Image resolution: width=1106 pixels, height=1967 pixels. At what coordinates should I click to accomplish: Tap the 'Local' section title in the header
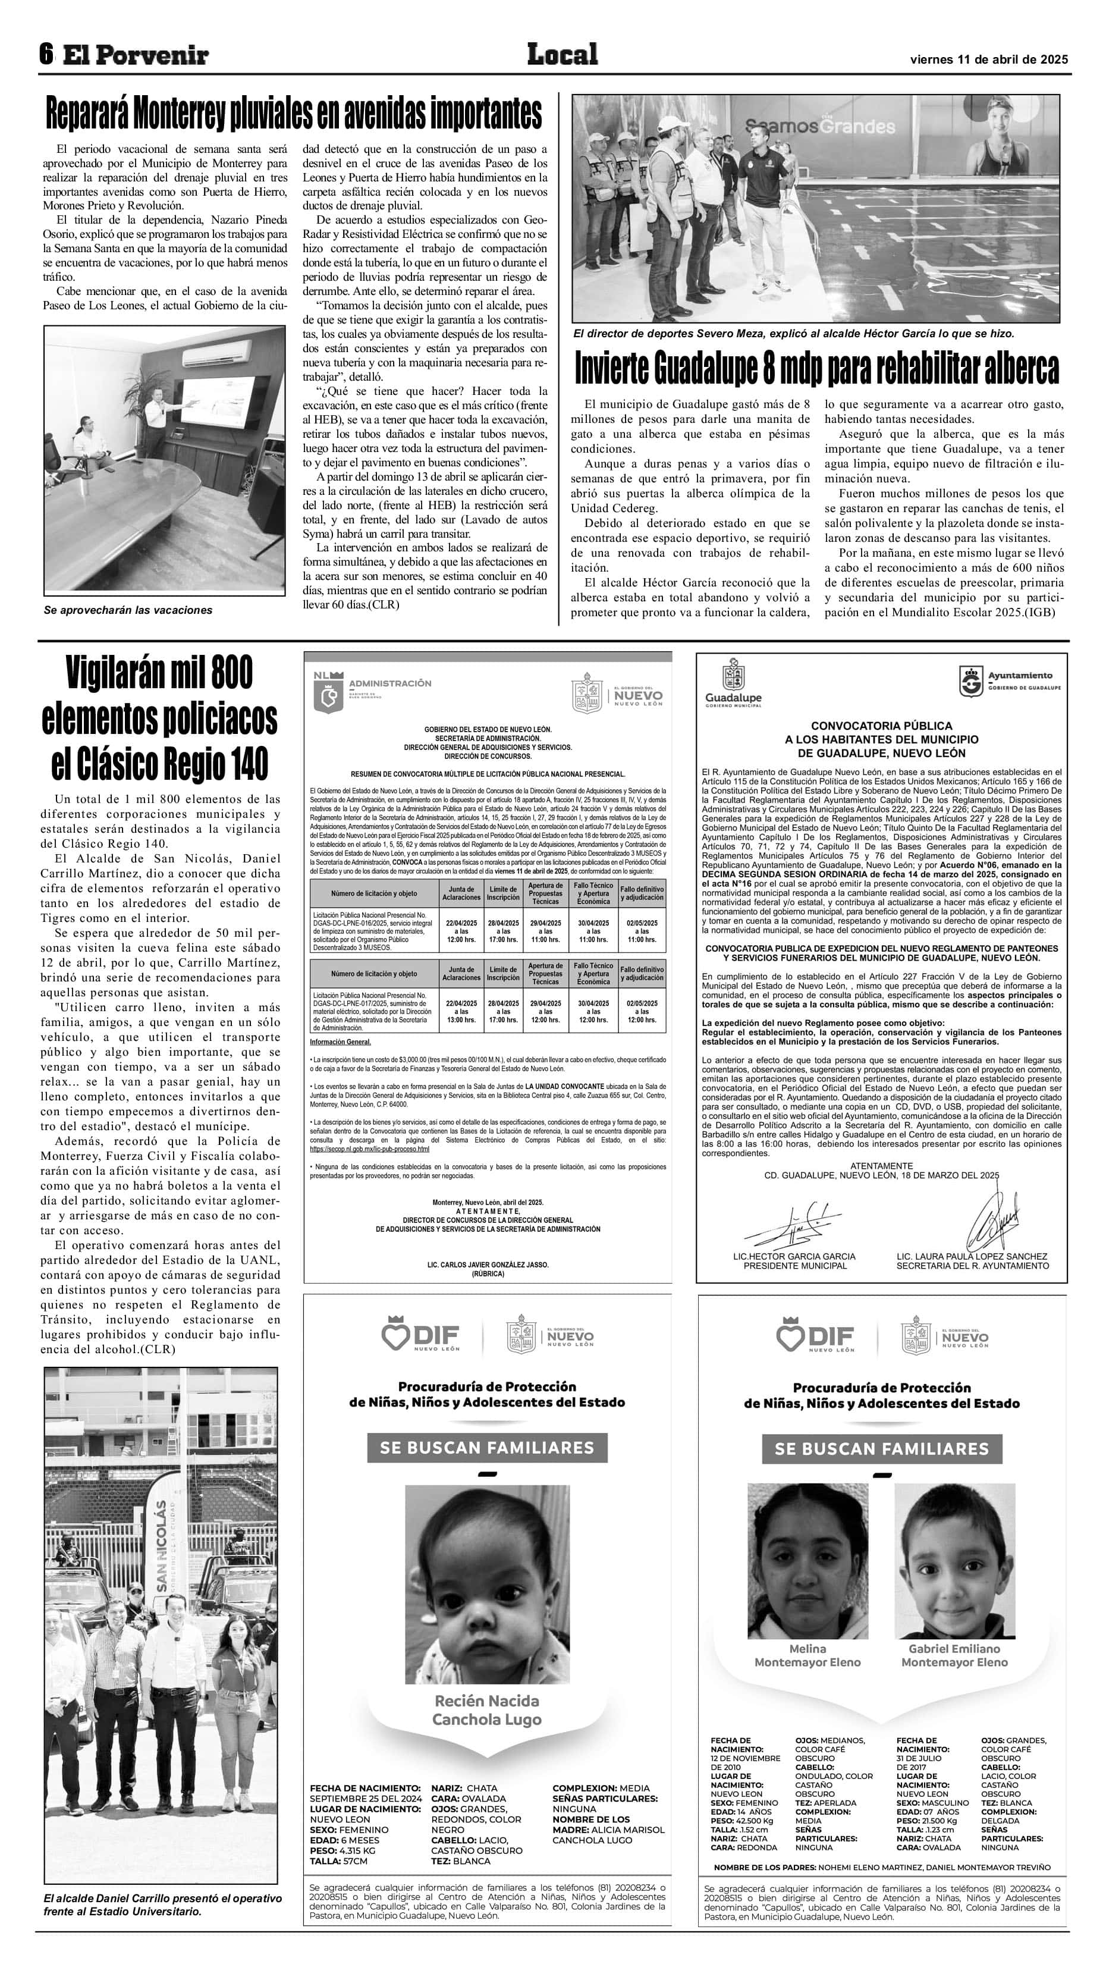tap(562, 54)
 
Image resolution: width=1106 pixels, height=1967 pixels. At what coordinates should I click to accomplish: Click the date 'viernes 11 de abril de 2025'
tap(988, 59)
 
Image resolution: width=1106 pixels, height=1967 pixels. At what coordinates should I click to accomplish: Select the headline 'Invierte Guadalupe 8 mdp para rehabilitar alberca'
tap(816, 368)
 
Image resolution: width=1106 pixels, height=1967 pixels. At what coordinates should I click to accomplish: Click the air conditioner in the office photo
tap(216, 353)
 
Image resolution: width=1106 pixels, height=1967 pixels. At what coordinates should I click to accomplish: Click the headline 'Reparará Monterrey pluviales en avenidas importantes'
tap(294, 114)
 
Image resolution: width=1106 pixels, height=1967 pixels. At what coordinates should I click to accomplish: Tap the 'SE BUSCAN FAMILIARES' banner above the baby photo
tap(487, 1448)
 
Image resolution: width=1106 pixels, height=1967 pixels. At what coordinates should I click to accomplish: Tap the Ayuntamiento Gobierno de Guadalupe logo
tap(1009, 680)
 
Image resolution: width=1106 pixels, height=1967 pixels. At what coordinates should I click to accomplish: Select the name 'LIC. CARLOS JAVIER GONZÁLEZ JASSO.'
tap(488, 1265)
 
